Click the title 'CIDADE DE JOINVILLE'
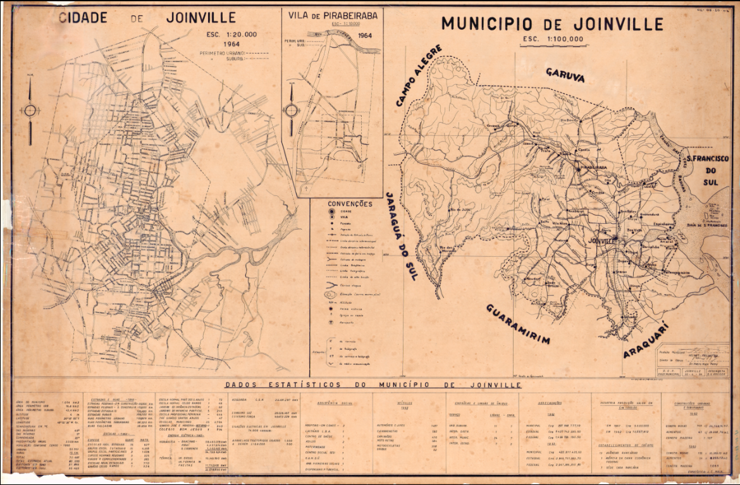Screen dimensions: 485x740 (138, 17)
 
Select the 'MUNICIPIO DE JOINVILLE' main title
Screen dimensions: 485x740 (552, 24)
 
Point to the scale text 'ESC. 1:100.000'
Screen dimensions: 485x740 (553, 40)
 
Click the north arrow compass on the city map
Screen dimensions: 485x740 (30, 111)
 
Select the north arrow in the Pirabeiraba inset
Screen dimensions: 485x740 (292, 110)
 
